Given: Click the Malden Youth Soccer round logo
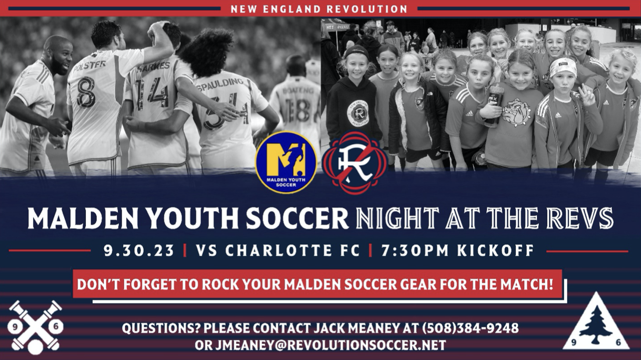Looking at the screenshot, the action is pos(286,162).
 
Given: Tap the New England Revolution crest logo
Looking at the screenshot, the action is pos(355,162).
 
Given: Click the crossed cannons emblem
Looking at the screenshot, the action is pos(36,327).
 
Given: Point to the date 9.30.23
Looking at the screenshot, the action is pos(139,251).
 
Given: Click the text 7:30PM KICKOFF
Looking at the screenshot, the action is pos(458,251).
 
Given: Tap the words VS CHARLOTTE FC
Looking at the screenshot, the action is pos(278,251).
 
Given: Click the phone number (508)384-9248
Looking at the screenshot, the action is pos(470,328).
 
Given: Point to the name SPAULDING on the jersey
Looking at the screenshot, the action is pos(221,84).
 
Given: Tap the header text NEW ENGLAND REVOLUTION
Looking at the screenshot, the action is pos(319,9).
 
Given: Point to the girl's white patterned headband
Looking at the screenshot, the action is pos(563,67).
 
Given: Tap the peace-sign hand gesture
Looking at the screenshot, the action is pos(587,96).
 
